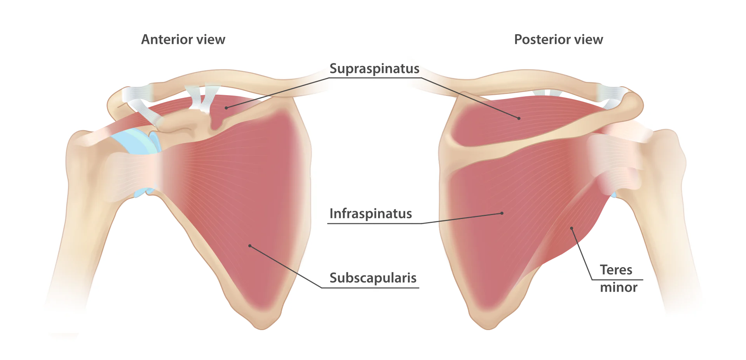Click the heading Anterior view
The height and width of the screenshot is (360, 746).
tap(183, 39)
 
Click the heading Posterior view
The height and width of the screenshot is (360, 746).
tap(558, 39)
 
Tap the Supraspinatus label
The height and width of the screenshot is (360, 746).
tap(374, 69)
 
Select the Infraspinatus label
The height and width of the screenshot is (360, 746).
tap(371, 214)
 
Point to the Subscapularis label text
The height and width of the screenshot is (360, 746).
tap(373, 278)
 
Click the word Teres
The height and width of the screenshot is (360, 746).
tap(616, 270)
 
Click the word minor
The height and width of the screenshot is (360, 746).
tap(619, 287)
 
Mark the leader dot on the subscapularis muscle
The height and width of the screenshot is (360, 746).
tap(250, 246)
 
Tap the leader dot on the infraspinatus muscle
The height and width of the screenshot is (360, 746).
tap(502, 213)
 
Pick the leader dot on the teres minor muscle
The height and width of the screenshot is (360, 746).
tap(572, 228)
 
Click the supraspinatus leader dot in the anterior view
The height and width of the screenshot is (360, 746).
tap(226, 108)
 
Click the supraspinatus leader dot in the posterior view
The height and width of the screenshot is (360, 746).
tap(519, 118)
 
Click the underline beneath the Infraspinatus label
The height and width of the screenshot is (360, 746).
tap(375, 224)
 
